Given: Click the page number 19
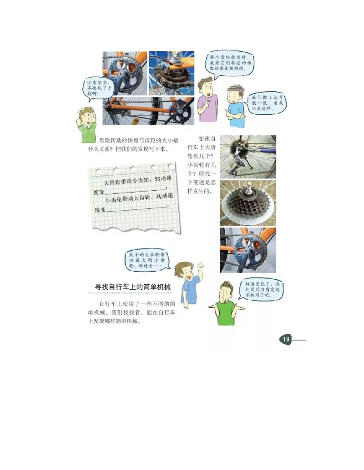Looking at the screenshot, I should click(286, 339).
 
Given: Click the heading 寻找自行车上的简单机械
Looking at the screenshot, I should click(132, 287).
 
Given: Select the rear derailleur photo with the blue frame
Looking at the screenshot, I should click(248, 156).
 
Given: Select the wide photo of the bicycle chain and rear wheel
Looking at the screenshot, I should click(148, 111).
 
